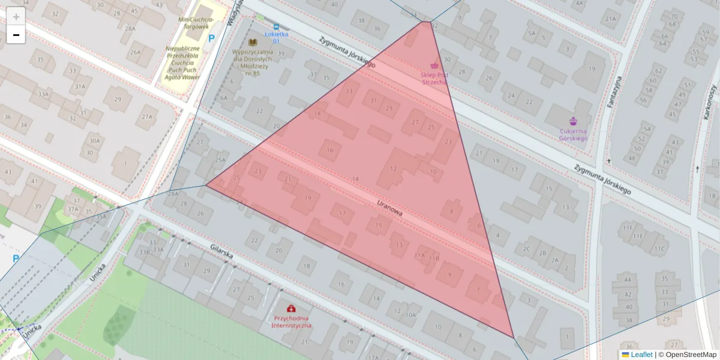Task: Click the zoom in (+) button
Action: (16, 16)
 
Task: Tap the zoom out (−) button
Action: (16, 35)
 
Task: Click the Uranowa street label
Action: (390, 208)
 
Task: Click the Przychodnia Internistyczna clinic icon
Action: (292, 308)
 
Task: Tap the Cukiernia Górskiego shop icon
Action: (573, 121)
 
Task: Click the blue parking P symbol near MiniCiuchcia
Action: (211, 38)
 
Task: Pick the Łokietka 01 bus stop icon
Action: (276, 26)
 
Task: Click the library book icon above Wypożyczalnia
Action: (253, 42)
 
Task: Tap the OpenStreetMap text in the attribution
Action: (691, 355)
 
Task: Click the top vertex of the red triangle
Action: (427, 22)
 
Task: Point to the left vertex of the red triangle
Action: (206, 185)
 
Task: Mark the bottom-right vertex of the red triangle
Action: (514, 337)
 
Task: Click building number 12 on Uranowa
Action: (394, 169)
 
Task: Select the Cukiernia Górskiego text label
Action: (573, 134)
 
